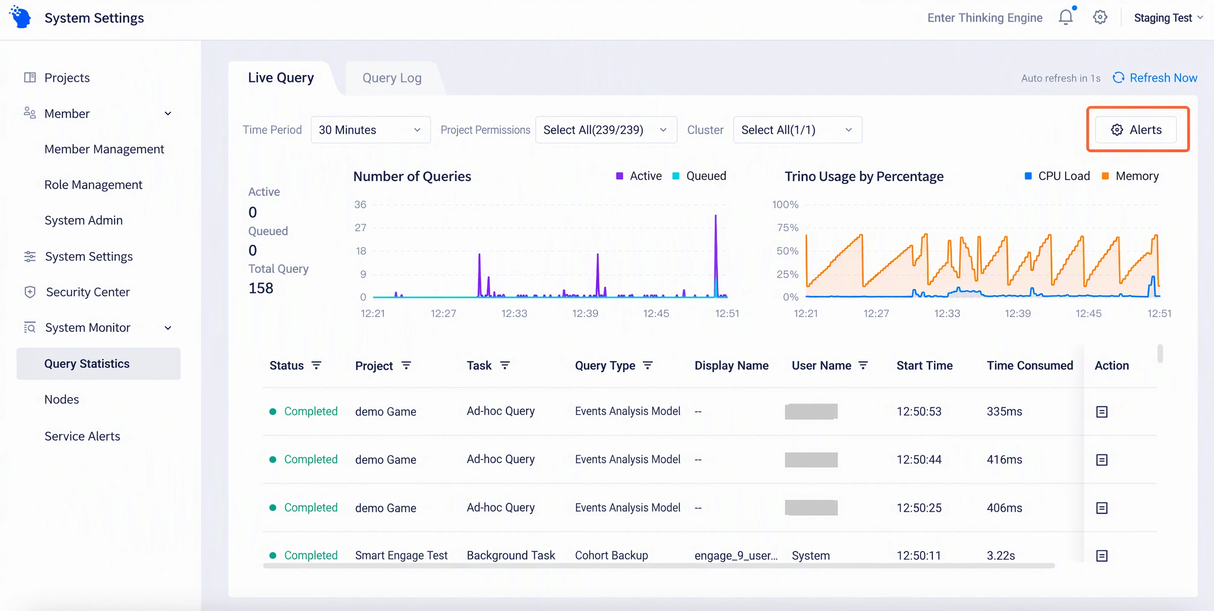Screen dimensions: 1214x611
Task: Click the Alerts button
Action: (1136, 130)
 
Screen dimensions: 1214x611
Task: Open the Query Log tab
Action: (391, 78)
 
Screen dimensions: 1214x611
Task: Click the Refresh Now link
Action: (1155, 78)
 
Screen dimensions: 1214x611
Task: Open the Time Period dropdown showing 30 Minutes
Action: (371, 130)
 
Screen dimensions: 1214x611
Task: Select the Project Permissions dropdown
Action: (606, 130)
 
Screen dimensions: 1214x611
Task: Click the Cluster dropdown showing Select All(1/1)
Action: (797, 130)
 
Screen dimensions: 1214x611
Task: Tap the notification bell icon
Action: (1065, 18)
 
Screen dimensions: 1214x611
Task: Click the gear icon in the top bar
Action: (1100, 18)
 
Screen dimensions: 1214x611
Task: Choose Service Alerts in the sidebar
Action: (82, 436)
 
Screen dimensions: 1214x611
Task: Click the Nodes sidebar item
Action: (62, 399)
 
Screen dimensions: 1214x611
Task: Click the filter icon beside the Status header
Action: (316, 365)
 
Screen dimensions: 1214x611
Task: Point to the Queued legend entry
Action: (699, 176)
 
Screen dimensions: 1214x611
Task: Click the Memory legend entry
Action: (1130, 176)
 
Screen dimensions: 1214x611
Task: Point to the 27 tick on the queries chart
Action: (361, 227)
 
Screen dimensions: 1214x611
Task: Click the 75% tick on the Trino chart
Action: (788, 227)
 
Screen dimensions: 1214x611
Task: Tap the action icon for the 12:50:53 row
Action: (1102, 412)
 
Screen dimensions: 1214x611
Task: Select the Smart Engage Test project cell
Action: (401, 555)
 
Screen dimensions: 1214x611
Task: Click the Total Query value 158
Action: (261, 288)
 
